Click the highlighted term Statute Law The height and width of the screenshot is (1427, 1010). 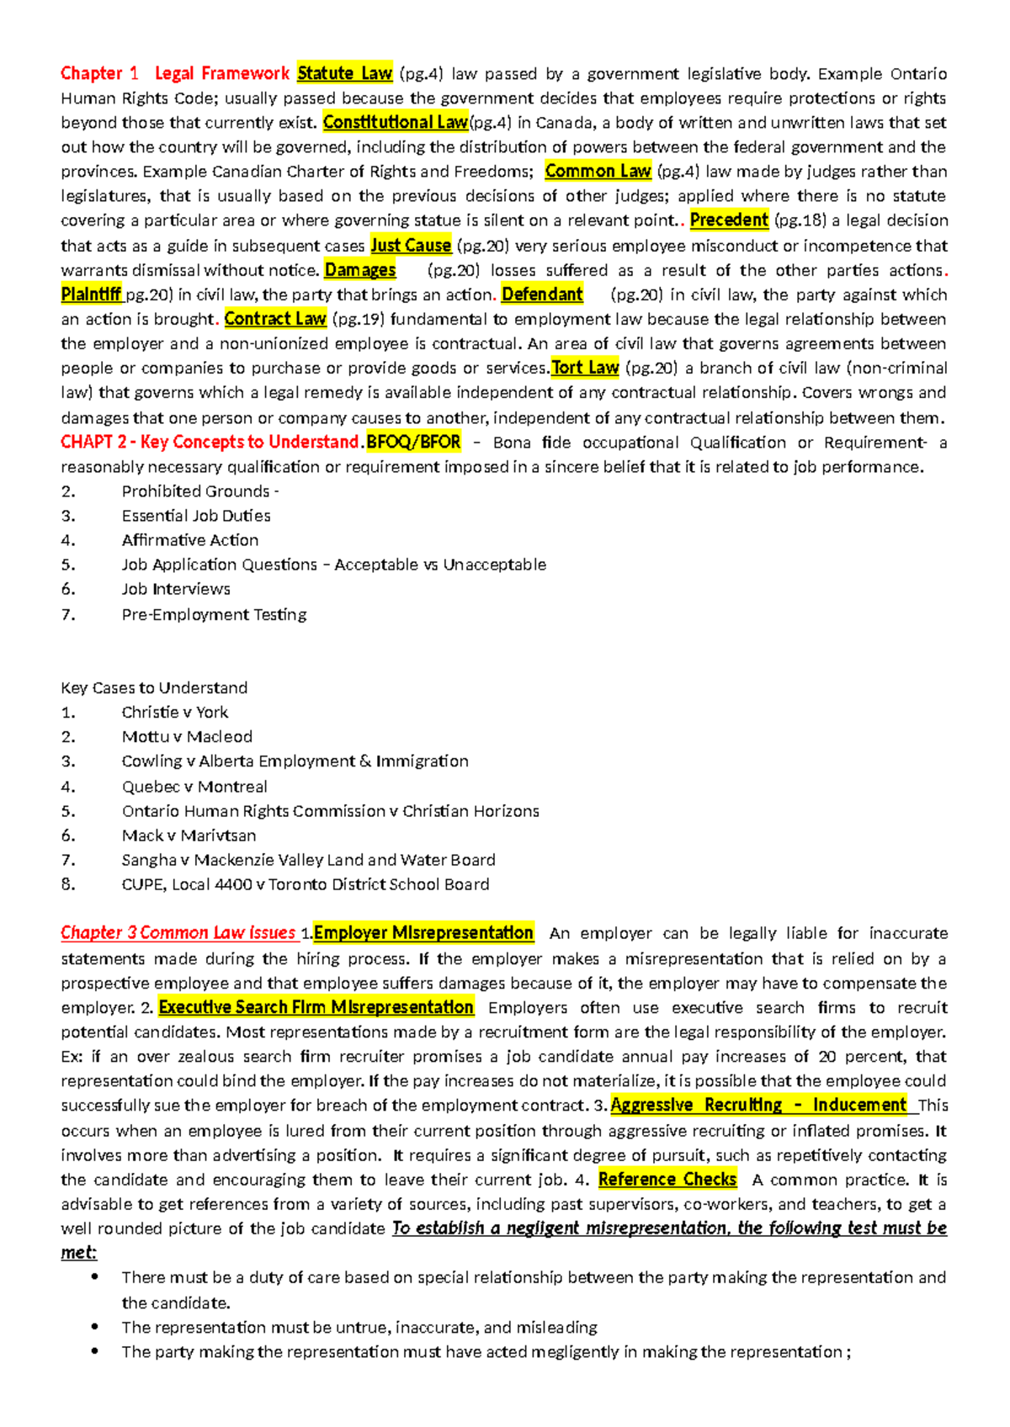[344, 73]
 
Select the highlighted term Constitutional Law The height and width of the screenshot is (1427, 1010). [395, 122]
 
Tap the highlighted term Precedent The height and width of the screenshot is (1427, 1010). [728, 220]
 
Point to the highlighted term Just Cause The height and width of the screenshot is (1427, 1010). [411, 246]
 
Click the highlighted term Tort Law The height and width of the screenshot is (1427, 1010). [585, 368]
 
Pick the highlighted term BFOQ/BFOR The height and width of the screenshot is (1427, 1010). [413, 442]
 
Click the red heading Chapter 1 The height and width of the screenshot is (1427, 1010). [98, 73]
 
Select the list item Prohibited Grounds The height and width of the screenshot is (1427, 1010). [198, 491]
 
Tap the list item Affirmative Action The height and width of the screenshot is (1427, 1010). [190, 540]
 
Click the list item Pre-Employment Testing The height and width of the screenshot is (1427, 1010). [214, 614]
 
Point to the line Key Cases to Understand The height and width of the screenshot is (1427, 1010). [154, 687]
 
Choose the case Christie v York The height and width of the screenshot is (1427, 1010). [175, 712]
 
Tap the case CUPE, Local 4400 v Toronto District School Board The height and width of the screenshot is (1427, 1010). [306, 884]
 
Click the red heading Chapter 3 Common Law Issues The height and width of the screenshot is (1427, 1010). [178, 933]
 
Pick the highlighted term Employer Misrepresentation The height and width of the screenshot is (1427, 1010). [423, 933]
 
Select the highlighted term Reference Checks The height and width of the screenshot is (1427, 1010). [667, 1180]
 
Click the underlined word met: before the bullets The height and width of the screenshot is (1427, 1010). [78, 1253]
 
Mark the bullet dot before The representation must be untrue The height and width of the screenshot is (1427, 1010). [95, 1327]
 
